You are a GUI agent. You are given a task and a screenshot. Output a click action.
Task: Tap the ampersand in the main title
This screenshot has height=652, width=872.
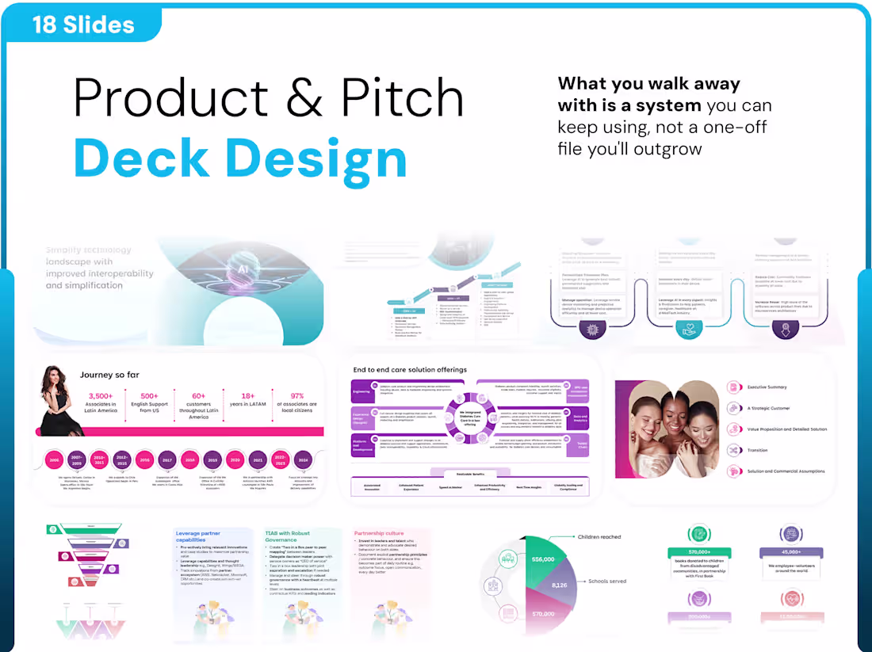coord(301,100)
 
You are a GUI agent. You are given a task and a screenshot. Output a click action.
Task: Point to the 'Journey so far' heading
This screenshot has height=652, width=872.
coord(112,375)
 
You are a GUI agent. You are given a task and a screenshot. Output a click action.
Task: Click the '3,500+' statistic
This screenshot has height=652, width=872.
coord(101,395)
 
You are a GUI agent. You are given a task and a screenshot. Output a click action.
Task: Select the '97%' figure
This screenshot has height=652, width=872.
coord(297,395)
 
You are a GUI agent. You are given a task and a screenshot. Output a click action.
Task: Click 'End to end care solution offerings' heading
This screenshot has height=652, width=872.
coord(410,370)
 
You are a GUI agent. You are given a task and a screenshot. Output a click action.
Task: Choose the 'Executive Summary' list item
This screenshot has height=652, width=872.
coord(767,387)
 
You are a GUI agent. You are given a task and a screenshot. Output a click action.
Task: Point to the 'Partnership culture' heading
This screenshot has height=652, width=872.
coord(379,533)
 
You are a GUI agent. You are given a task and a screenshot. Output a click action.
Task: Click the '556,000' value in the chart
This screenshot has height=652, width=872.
coord(543,559)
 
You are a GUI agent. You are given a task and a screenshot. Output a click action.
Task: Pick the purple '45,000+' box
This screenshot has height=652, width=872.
coord(790,552)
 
